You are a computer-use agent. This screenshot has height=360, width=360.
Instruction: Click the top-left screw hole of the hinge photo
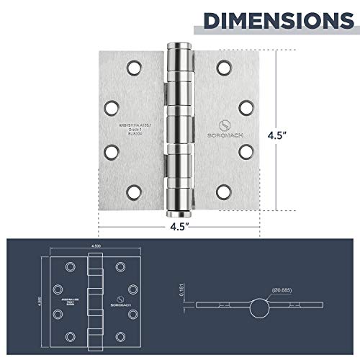coord(133,68)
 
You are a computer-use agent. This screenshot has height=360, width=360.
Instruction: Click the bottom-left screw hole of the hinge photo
coord(133,192)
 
